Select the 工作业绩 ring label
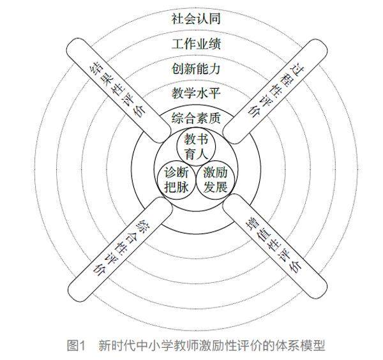196,44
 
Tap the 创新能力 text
196,68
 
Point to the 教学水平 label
196,93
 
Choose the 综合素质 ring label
196,117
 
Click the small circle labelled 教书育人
195,146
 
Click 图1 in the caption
77,345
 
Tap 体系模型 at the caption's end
302,345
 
